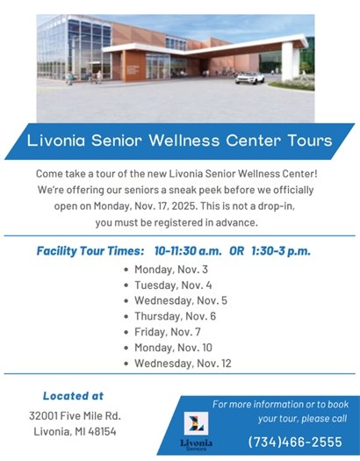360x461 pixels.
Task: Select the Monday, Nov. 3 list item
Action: click(x=171, y=269)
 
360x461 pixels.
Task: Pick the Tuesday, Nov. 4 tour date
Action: click(x=172, y=285)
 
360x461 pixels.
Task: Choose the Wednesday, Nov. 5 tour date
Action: click(x=179, y=300)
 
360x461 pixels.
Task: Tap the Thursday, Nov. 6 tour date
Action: click(x=175, y=316)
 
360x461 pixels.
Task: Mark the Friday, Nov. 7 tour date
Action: click(x=167, y=332)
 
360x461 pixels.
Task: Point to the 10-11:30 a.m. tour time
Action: click(x=188, y=250)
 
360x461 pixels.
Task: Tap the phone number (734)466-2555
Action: click(x=295, y=441)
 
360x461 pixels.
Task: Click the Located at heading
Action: click(x=73, y=396)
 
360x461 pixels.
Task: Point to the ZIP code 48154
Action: click(x=100, y=432)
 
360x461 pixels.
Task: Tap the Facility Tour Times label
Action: click(x=90, y=250)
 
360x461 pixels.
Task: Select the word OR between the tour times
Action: click(x=236, y=250)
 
